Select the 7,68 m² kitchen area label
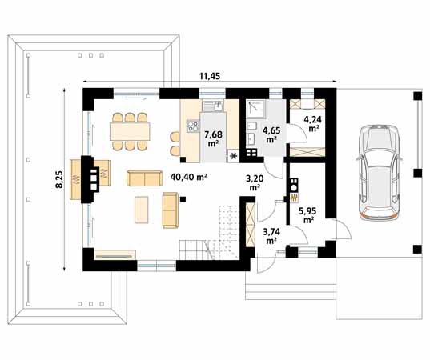click(214, 139)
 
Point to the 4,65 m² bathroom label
click(271, 134)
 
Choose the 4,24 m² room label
click(311, 123)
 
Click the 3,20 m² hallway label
click(254, 182)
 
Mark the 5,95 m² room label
click(307, 216)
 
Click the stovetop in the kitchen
click(193, 126)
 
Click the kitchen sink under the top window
click(212, 106)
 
